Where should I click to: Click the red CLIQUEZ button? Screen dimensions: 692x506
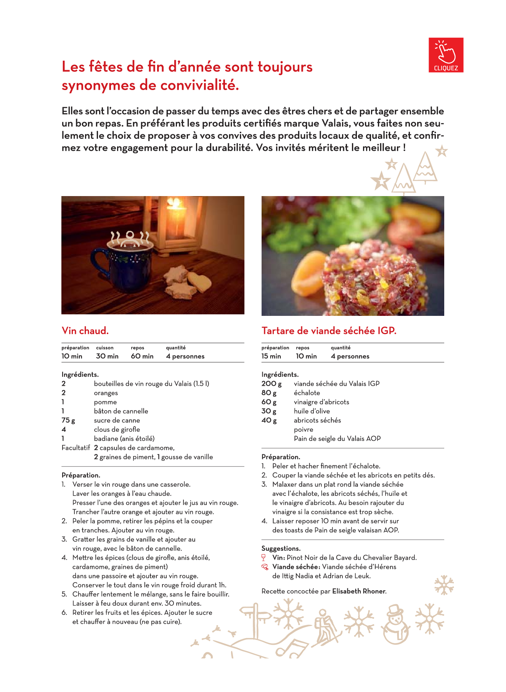[x=445, y=55]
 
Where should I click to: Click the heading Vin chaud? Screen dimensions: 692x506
[x=85, y=330]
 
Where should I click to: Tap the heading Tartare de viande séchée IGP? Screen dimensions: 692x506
[x=329, y=330]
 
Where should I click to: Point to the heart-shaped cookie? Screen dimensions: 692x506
[x=199, y=281]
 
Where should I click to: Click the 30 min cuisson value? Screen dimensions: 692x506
[x=107, y=356]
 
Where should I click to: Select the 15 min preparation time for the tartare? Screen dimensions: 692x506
[x=271, y=356]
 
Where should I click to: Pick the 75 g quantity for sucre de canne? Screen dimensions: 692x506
[x=68, y=420]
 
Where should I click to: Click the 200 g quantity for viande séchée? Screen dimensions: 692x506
[x=271, y=383]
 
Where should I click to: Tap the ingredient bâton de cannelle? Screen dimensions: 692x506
[x=121, y=411]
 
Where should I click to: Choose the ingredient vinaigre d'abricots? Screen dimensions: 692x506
[x=321, y=402]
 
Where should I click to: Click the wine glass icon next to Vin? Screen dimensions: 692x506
[x=263, y=557]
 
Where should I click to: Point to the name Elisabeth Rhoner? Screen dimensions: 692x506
[x=359, y=591]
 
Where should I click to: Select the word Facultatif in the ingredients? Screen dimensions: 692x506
[x=75, y=447]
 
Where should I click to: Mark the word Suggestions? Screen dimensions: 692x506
[x=281, y=548]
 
